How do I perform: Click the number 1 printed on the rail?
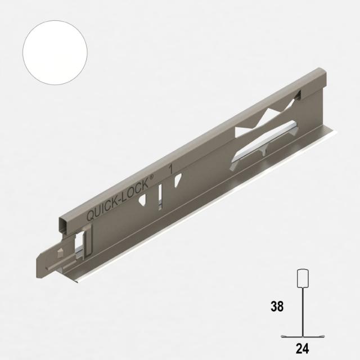171,167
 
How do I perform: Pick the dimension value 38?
277,307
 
